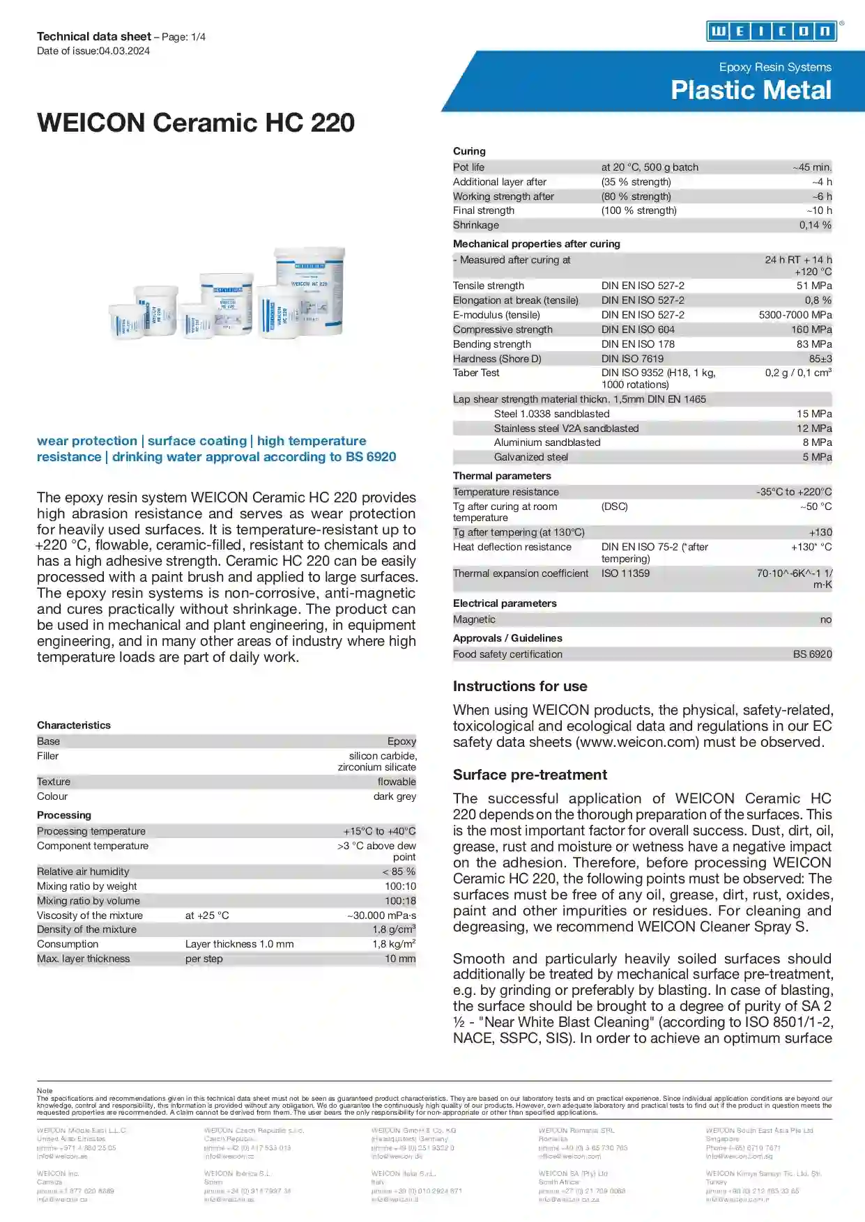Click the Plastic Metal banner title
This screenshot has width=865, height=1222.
(x=751, y=91)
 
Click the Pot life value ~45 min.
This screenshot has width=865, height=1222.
(x=812, y=167)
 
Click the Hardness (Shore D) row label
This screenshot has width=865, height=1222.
(x=497, y=359)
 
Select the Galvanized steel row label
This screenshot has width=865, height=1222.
(x=530, y=457)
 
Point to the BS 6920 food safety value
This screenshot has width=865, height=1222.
(x=812, y=654)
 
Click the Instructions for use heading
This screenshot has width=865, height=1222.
(x=520, y=686)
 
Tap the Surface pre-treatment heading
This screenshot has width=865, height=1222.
(x=530, y=775)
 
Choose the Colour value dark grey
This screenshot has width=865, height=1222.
(x=395, y=796)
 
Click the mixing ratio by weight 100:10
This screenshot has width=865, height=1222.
(x=400, y=886)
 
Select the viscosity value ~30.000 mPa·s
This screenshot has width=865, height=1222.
(x=381, y=915)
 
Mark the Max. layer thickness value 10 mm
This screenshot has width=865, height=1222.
(x=400, y=959)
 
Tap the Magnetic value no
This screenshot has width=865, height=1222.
(x=825, y=619)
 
